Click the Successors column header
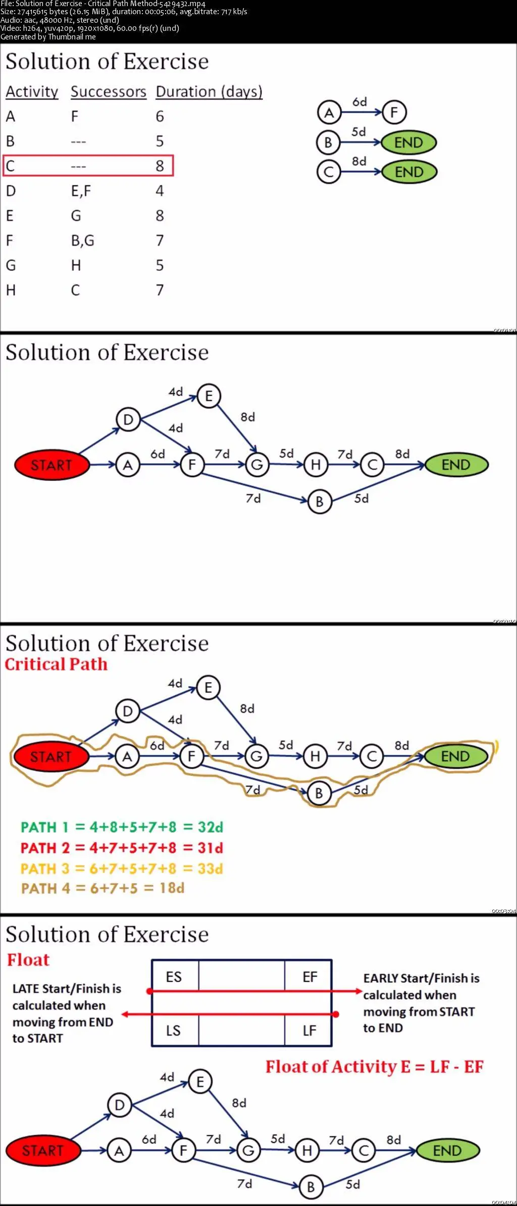coord(108,92)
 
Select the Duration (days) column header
coord(209,92)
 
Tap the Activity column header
coord(32,92)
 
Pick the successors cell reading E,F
coord(81,191)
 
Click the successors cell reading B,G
coord(82,240)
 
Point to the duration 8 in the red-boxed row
coord(160,166)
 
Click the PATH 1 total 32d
coord(210,827)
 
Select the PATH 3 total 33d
coord(210,869)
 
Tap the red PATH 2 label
coord(45,848)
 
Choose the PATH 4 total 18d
coord(172,888)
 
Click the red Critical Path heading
coord(56,664)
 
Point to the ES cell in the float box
coord(174,977)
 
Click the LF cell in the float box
coord(309,1030)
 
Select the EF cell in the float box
coord(309,977)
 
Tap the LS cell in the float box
coord(173,1030)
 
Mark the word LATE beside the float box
coord(25,989)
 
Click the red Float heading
coord(28,959)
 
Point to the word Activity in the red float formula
coord(364,1067)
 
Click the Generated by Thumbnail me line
coord(48,36)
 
